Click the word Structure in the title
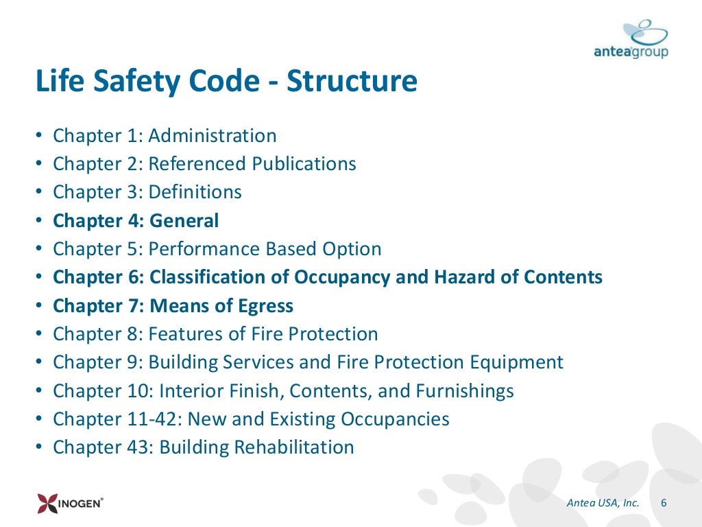[x=352, y=81]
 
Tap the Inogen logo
[x=71, y=504]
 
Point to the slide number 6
[x=663, y=503]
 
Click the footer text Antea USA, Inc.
[x=603, y=503]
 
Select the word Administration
[x=213, y=136]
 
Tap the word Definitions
[x=195, y=192]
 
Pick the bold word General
[x=184, y=221]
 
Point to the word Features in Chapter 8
[x=182, y=334]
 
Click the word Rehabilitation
[x=294, y=447]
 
